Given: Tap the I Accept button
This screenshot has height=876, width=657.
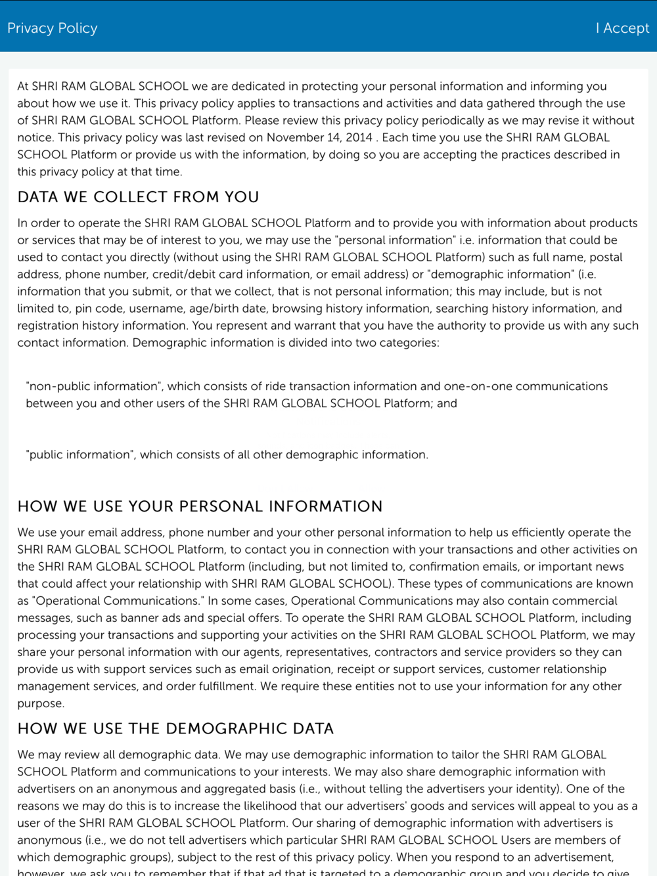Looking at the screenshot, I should pos(622,28).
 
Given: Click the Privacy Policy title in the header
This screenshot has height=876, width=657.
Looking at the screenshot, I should pos(53,28).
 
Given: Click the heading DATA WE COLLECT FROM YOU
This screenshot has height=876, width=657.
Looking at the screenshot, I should pos(138,197).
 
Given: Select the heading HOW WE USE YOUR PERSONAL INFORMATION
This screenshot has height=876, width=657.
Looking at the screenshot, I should pos(200,506).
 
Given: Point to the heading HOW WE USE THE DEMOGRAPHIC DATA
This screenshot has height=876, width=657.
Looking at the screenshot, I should pos(175,728).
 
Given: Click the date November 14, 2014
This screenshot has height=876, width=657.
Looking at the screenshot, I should pos(319,137).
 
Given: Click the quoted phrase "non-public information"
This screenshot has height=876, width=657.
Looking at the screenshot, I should pos(92,386).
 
